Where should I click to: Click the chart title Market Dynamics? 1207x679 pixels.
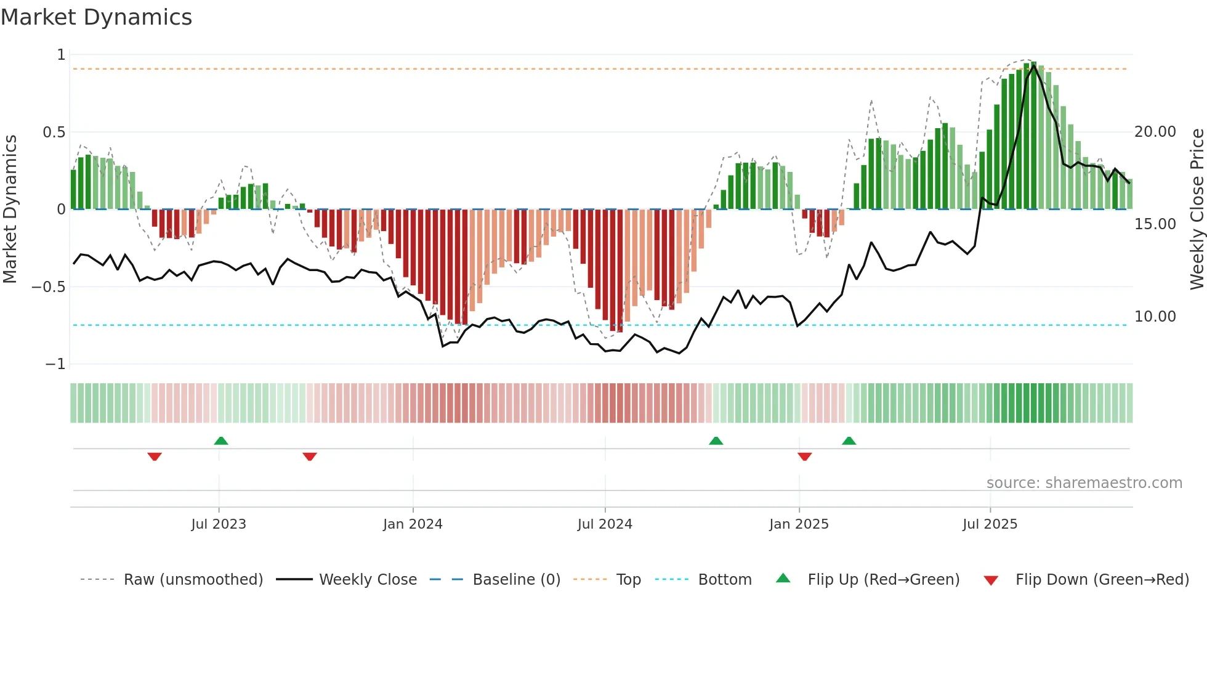coord(96,17)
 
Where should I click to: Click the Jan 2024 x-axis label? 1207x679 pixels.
coord(413,524)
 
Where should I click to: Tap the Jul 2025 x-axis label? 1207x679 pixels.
coord(990,524)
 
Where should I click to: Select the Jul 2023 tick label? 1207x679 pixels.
coord(219,524)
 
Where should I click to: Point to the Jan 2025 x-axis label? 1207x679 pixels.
coord(799,524)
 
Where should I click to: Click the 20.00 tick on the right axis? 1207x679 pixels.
coord(1155,132)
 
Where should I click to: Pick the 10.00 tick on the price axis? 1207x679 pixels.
coord(1155,317)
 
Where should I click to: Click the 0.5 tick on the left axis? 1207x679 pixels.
coord(54,132)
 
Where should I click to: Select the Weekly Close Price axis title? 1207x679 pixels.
coord(1197,209)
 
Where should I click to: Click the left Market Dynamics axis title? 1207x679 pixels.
coord(10,209)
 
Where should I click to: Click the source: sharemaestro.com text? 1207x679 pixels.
coord(1084,483)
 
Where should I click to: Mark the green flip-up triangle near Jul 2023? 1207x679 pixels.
coord(221,441)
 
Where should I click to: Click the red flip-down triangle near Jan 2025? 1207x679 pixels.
coord(804,457)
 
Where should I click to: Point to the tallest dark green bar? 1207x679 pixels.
coord(1034,136)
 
